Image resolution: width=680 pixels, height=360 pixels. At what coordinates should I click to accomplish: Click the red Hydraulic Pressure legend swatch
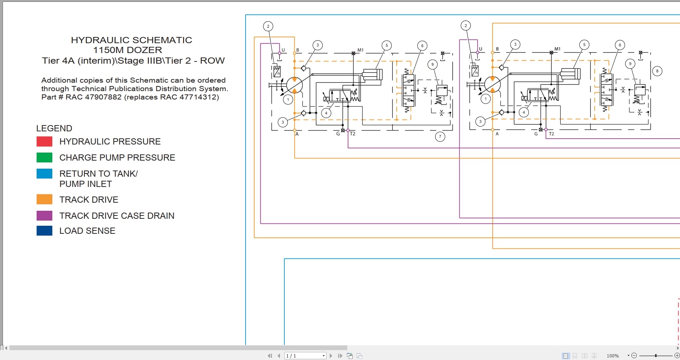click(x=44, y=141)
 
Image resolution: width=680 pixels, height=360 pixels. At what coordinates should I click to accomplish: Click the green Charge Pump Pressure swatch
click(x=44, y=157)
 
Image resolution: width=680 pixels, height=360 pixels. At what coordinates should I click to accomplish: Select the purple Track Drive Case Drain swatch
click(x=44, y=215)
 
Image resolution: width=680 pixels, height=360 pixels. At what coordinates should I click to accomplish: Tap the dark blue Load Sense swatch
click(x=44, y=230)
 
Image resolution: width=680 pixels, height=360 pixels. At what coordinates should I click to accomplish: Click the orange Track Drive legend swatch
click(x=44, y=199)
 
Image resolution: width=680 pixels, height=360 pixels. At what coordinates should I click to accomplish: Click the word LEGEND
click(x=54, y=128)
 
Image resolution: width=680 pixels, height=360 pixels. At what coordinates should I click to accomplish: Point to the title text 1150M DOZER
click(x=127, y=50)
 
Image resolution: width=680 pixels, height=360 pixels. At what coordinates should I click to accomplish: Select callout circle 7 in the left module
click(x=440, y=137)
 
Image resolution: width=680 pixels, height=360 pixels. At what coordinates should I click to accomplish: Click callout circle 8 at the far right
click(x=657, y=71)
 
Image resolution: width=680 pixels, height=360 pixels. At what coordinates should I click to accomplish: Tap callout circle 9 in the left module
click(x=432, y=64)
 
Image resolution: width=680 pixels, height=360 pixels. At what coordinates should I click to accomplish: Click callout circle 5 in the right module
click(x=584, y=45)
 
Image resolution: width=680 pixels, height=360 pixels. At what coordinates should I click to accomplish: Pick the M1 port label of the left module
click(x=360, y=50)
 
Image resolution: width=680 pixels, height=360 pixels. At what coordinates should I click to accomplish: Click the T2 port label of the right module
click(x=551, y=134)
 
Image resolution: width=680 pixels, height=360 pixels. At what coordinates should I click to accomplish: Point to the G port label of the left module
click(x=338, y=134)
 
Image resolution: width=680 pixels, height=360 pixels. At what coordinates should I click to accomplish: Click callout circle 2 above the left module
click(x=268, y=26)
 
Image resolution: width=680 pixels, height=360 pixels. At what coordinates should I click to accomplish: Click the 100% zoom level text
click(x=612, y=356)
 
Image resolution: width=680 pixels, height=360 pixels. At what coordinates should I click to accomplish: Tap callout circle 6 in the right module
click(x=620, y=45)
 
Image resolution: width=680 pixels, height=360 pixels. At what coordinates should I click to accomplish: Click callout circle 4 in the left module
click(x=326, y=113)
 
